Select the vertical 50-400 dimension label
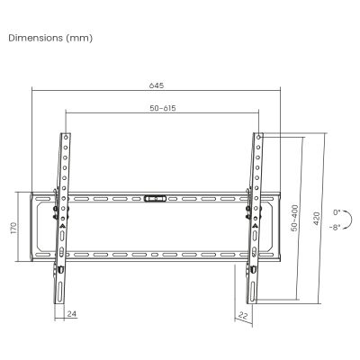click(x=293, y=219)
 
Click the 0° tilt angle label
click(x=337, y=211)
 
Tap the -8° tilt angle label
click(x=336, y=228)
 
